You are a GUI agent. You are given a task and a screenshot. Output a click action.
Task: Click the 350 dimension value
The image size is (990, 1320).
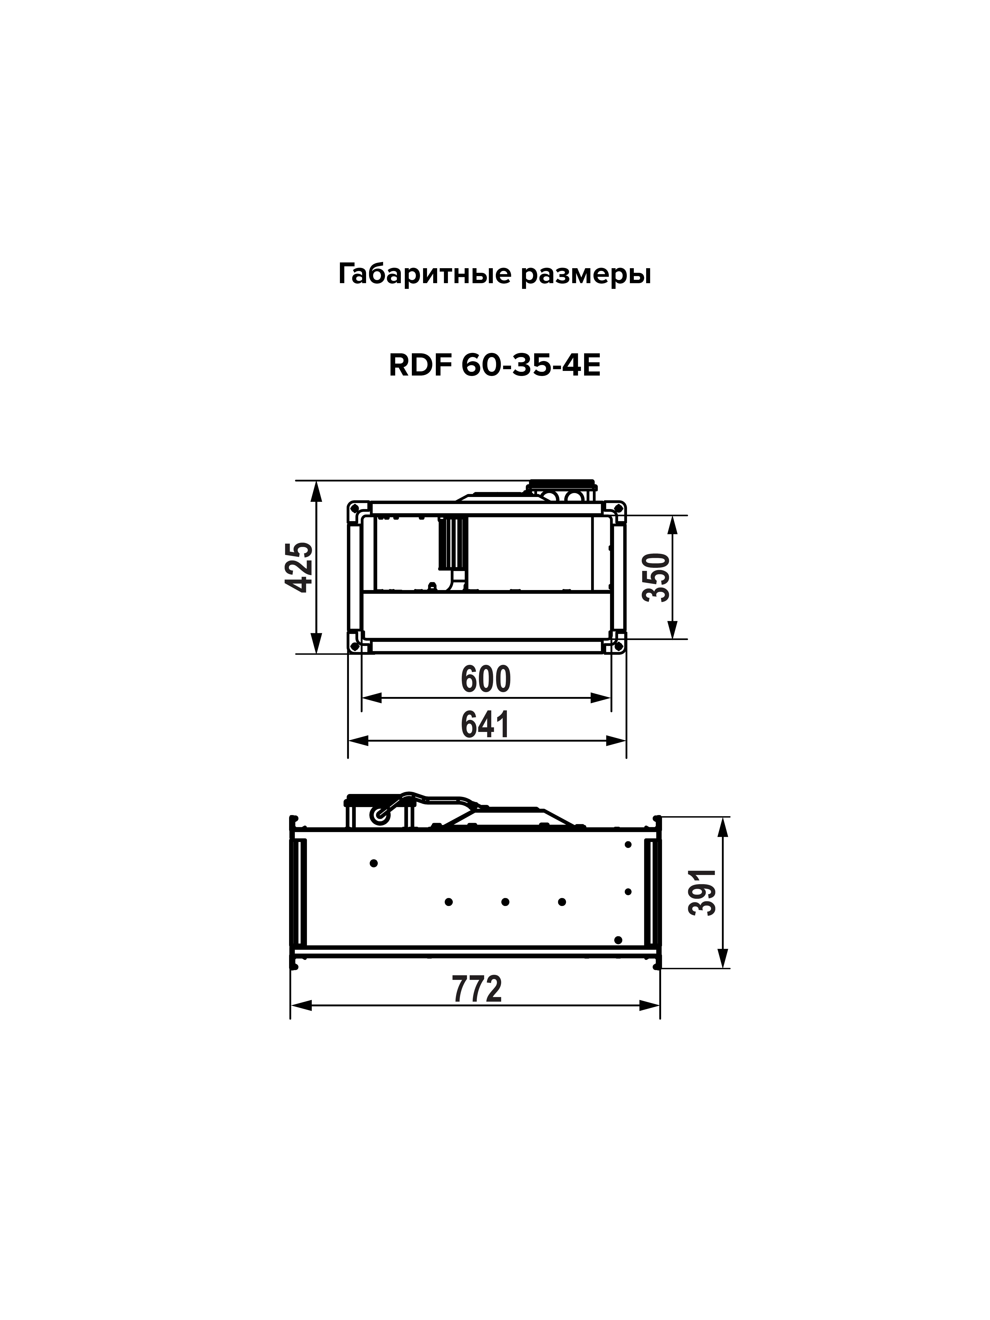point(657,577)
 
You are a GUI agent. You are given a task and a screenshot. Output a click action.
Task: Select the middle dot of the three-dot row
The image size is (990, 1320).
point(505,902)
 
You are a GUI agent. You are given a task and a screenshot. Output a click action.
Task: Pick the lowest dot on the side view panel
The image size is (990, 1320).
point(618,940)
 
